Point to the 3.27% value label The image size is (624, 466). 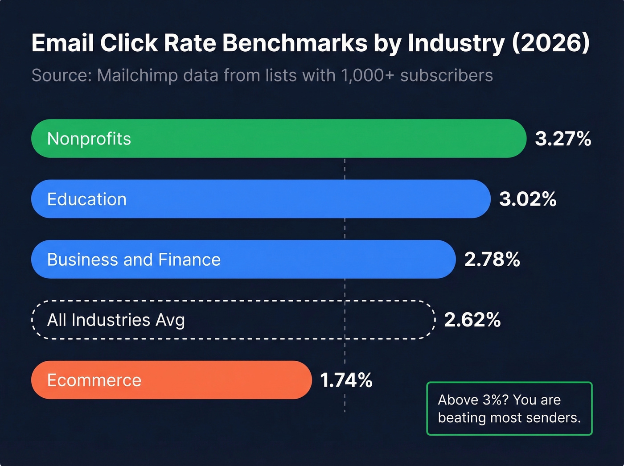click(563, 139)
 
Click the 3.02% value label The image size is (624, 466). click(528, 199)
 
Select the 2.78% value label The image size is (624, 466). click(492, 260)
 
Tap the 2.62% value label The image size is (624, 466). click(472, 320)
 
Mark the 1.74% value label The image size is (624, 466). click(346, 380)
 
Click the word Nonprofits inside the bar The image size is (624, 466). click(89, 139)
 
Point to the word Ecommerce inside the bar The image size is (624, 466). click(94, 380)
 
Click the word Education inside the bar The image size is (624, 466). click(87, 199)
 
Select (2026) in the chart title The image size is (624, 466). click(551, 43)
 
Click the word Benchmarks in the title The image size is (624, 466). click(295, 43)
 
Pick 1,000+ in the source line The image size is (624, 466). click(367, 75)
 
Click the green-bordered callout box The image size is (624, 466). click(509, 408)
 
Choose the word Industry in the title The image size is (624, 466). click(456, 43)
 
